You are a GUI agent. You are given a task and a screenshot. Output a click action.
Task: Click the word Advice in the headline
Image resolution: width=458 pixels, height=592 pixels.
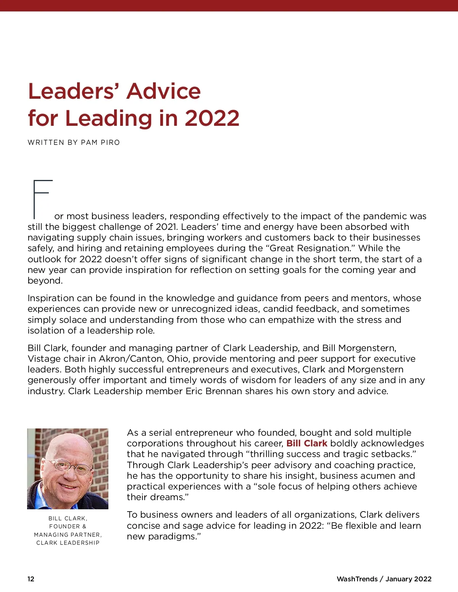tap(164, 91)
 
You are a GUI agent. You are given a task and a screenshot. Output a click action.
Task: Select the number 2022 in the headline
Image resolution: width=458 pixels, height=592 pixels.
tap(212, 118)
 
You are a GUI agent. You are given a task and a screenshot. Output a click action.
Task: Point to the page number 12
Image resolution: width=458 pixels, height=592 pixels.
tap(31, 579)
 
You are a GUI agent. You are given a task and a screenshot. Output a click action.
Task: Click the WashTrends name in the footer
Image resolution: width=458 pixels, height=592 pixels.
tap(356, 579)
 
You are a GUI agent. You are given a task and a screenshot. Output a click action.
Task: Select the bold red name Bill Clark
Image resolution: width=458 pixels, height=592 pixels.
tap(307, 443)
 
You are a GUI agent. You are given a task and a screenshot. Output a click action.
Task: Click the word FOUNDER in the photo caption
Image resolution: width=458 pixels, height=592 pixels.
tap(65, 526)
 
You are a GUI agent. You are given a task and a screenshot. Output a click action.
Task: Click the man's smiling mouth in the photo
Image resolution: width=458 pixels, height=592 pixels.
tap(69, 487)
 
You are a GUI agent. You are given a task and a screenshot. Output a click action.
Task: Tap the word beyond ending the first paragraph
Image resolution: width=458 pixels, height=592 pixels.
tap(44, 281)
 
